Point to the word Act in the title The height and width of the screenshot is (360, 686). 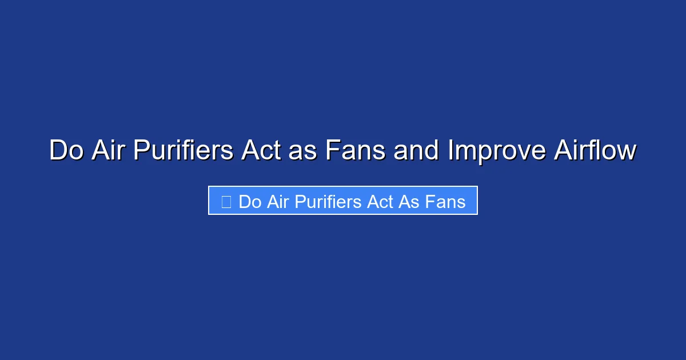coord(261,151)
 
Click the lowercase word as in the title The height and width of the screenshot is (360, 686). coord(304,151)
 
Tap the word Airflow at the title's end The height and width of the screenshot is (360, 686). coord(595,151)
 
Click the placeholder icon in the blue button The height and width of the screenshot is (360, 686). coord(226,202)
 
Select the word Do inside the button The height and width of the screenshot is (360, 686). coord(250,202)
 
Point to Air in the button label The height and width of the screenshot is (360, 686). coord(277,202)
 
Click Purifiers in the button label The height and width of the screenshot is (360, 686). coord(325,202)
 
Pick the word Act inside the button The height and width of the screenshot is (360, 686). coord(374,202)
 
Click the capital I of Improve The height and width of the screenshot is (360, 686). coord(450,151)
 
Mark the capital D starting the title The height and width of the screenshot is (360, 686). coord(57,151)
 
